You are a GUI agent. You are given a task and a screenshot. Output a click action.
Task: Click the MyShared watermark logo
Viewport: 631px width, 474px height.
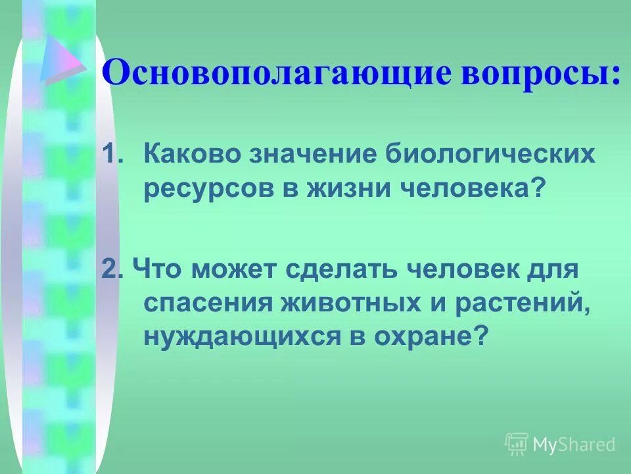point(560,444)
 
